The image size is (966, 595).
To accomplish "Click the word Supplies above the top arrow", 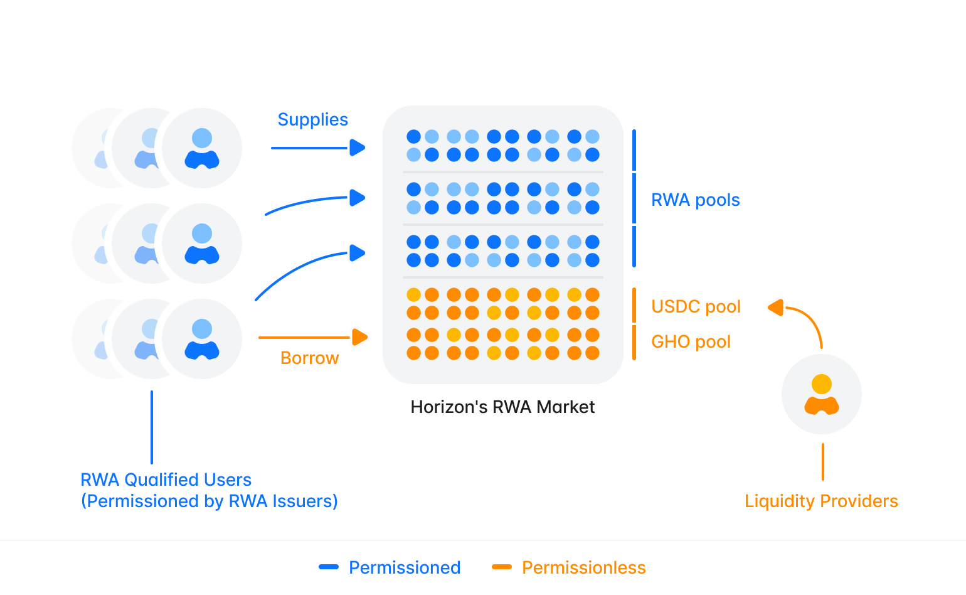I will tap(312, 119).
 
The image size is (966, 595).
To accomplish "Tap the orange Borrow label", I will tap(309, 358).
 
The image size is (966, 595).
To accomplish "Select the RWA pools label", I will tap(695, 200).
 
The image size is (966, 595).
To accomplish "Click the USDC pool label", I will tap(696, 306).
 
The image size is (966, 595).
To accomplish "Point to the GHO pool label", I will tap(691, 341).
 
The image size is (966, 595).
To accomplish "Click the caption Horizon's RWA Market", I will tap(502, 407).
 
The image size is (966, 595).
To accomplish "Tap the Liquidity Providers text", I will tap(821, 501).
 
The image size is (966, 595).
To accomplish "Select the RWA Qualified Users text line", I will tap(166, 480).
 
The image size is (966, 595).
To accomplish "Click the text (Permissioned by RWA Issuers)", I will tap(210, 501).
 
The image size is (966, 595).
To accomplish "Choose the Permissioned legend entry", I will tap(404, 567).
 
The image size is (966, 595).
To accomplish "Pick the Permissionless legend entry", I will tap(583, 567).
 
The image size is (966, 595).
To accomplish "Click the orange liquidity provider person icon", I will tap(822, 394).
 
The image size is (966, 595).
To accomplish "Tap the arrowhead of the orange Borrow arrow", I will tap(359, 337).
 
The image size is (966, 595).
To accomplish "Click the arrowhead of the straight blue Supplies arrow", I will tap(358, 147).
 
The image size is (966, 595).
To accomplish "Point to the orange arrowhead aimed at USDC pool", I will tap(776, 308).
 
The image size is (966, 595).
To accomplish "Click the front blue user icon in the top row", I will tap(202, 148).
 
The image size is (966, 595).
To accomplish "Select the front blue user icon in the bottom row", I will tap(202, 339).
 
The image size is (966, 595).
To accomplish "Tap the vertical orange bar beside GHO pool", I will tap(634, 342).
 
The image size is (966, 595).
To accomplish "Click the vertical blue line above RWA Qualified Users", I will tap(152, 427).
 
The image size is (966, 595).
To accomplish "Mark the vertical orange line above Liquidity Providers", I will tap(822, 461).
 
